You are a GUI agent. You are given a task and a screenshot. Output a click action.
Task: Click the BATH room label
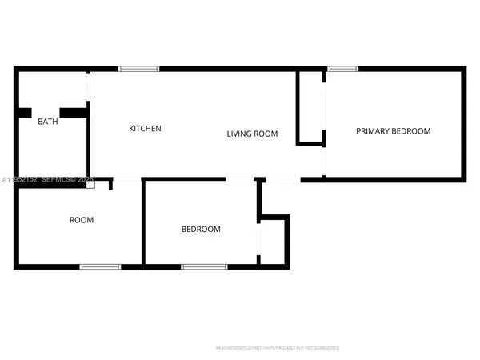coord(48,122)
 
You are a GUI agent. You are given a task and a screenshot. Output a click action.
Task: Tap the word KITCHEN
coord(146,128)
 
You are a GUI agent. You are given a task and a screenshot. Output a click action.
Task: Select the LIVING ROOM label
coord(252,134)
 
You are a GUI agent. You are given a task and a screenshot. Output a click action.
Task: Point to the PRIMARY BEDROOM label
coord(393,131)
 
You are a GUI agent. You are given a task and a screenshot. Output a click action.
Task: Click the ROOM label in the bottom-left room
coord(82,220)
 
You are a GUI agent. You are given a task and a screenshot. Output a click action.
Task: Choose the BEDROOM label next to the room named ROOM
coord(201,230)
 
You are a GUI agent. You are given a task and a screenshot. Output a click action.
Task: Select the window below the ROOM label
coord(100,266)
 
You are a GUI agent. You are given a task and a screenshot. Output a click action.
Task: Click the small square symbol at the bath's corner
coord(90,184)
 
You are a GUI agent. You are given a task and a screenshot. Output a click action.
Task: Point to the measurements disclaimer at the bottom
coord(278,348)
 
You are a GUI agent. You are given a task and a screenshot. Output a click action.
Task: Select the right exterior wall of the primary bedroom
coord(463,124)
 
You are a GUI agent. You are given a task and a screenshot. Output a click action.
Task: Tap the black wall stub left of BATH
coord(25,113)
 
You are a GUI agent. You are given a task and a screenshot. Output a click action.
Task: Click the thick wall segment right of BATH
coord(74,113)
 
